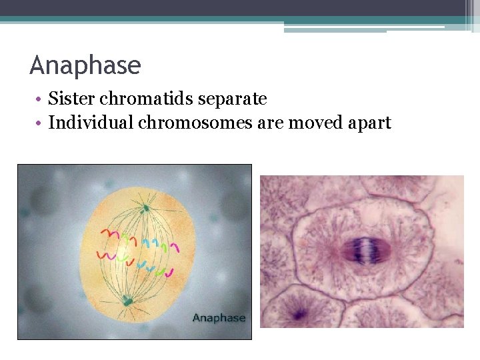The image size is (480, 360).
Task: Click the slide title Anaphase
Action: pyautogui.click(x=85, y=66)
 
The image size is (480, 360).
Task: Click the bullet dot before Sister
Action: pyautogui.click(x=41, y=100)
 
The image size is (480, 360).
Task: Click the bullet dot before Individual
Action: pyautogui.click(x=41, y=123)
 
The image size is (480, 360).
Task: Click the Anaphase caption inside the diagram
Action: pyautogui.click(x=219, y=318)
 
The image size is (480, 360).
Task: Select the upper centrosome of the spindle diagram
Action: pyautogui.click(x=146, y=209)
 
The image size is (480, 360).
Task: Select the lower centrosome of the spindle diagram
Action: pyautogui.click(x=127, y=302)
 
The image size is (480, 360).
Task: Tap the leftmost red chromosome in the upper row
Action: pyautogui.click(x=107, y=233)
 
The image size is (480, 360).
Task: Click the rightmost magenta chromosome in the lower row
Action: pyautogui.click(x=170, y=272)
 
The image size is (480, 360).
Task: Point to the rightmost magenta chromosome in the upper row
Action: pyautogui.click(x=175, y=247)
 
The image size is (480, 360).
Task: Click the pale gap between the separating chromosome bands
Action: pyautogui.click(x=366, y=251)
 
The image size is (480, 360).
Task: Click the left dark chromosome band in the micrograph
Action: pyautogui.click(x=354, y=251)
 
